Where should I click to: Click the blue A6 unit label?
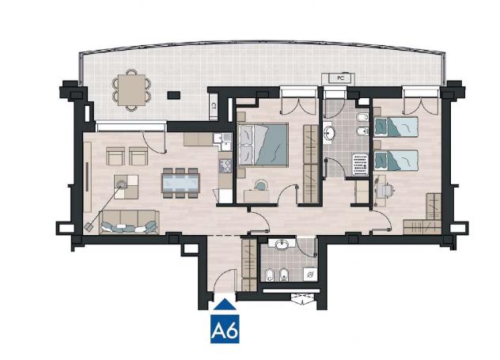[x=225, y=329]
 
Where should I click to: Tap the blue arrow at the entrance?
[x=225, y=304]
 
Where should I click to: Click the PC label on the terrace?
[x=341, y=78]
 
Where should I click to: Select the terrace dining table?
[x=131, y=90]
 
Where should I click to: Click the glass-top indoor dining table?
[x=181, y=183]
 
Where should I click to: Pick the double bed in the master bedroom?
[x=263, y=145]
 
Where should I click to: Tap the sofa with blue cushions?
[x=129, y=222]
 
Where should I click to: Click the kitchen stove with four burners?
[x=225, y=165]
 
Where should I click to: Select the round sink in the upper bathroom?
[x=329, y=133]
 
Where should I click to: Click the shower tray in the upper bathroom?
[x=360, y=165]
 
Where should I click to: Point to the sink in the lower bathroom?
[x=282, y=244]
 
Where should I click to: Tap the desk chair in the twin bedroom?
[x=385, y=191]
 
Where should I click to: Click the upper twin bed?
[x=396, y=127]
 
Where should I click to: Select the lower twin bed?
[x=396, y=161]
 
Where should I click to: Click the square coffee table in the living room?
[x=127, y=187]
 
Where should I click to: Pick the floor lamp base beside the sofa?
[x=89, y=227]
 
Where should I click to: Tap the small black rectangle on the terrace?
[x=174, y=95]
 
